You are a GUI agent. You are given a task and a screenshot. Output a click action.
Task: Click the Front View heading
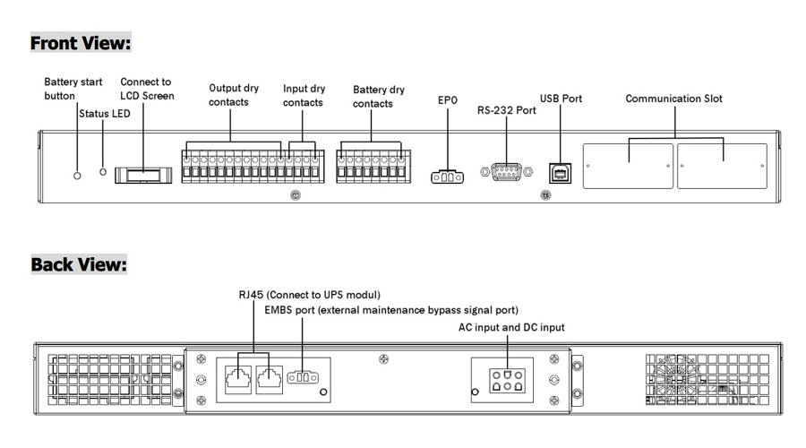coord(81,42)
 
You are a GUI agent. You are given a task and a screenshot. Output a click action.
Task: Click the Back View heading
coord(79,264)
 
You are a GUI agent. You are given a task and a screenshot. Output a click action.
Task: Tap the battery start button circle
coord(77,170)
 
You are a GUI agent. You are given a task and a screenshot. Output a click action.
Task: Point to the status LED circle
coord(104,170)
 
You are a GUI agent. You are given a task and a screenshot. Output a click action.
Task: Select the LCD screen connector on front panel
coord(142,173)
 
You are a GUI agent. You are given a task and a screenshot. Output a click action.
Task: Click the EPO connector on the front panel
coord(448,176)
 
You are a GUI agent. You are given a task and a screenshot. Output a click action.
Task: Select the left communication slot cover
coord(628,167)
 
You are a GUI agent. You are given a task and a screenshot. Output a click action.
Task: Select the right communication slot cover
coord(722,167)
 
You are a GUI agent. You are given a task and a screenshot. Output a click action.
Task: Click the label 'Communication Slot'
coord(673,99)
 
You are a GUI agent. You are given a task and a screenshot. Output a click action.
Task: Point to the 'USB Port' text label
coord(562,99)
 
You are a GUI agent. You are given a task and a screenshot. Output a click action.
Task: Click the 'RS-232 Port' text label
coord(506,111)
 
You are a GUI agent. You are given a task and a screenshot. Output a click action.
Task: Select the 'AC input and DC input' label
coord(511,328)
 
